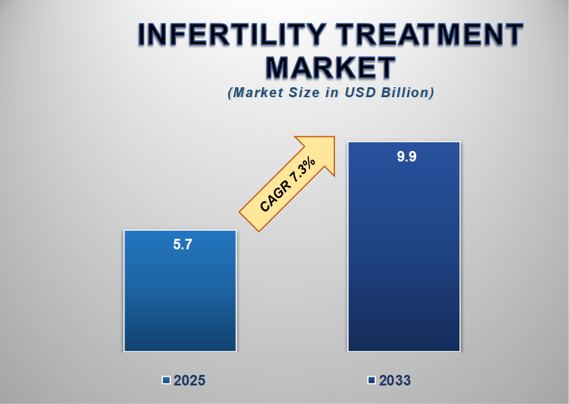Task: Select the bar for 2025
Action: (x=180, y=297)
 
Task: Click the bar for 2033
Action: (x=404, y=260)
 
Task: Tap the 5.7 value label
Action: (x=182, y=244)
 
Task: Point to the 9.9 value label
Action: (x=406, y=157)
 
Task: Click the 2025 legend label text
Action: (x=189, y=380)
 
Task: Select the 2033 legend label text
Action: (x=394, y=380)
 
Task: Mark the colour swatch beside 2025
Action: (x=166, y=380)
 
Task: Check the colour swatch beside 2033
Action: (x=371, y=380)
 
